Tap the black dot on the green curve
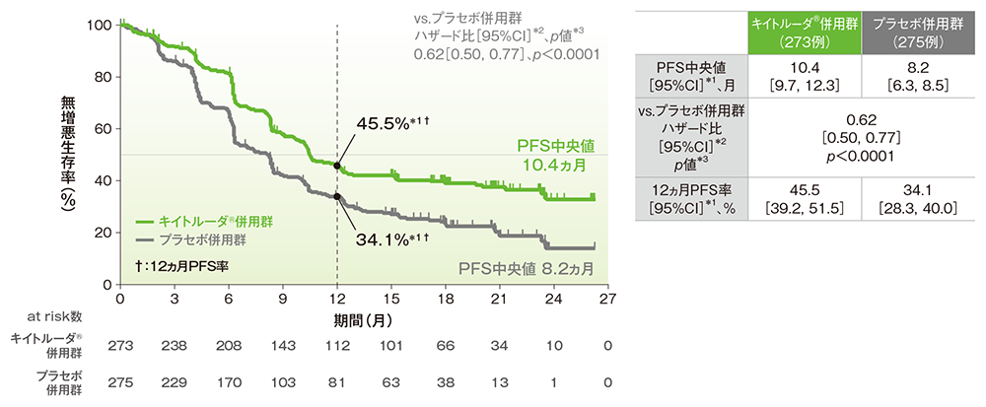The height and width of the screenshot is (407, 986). pyautogui.click(x=338, y=167)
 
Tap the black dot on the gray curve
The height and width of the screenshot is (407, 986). pyautogui.click(x=338, y=196)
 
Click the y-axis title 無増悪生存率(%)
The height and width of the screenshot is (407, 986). pyautogui.click(x=68, y=153)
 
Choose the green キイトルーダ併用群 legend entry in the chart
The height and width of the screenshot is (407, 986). pyautogui.click(x=191, y=223)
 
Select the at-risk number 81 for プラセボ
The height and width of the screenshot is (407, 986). pyautogui.click(x=338, y=382)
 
